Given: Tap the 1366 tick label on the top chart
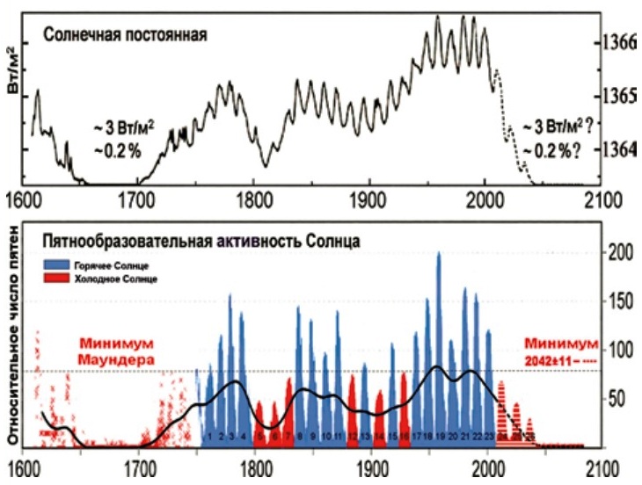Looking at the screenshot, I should (x=620, y=42).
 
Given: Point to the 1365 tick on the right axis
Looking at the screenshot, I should (x=620, y=95).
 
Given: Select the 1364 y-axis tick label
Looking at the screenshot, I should (x=620, y=148).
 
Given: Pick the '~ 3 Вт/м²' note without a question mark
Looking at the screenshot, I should (x=122, y=129).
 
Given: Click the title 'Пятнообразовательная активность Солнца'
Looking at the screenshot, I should (x=188, y=240).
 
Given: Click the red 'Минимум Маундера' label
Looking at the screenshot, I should (x=115, y=351).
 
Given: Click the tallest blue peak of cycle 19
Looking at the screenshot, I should (x=439, y=257).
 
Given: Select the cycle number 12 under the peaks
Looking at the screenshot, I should (x=352, y=436).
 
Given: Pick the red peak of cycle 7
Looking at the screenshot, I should (x=288, y=383).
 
